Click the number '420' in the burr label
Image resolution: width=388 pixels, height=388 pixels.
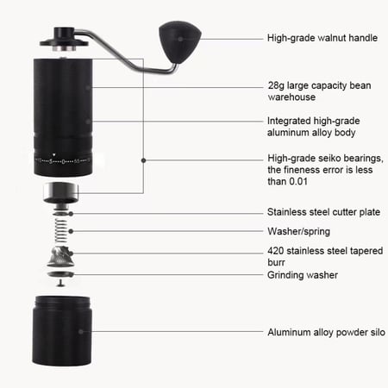tap(278, 251)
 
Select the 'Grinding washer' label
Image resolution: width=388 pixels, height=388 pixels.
tap(303, 275)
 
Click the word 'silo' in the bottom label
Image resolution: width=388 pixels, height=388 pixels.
tap(369, 331)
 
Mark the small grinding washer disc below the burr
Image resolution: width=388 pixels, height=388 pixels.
tap(59, 278)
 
